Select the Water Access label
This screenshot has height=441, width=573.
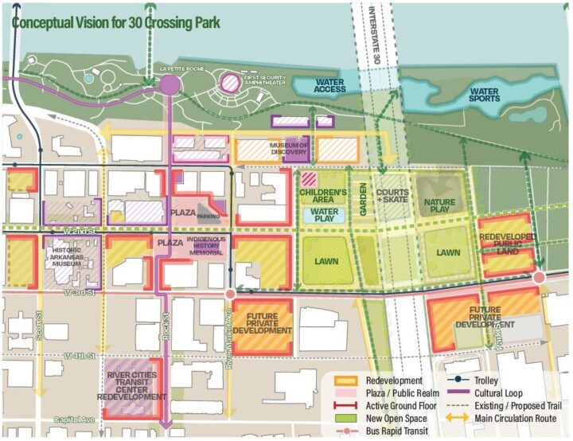click(x=330, y=85)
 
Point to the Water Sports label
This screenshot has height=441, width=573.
click(x=484, y=96)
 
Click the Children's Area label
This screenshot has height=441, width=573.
click(x=323, y=196)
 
